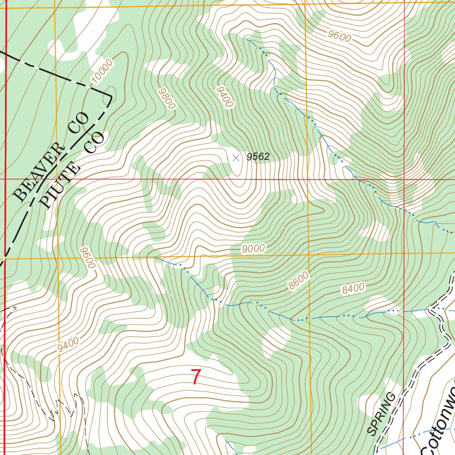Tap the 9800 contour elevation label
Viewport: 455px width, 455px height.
click(x=167, y=98)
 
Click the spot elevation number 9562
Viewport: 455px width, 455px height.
click(x=258, y=156)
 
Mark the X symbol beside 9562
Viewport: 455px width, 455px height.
click(x=235, y=157)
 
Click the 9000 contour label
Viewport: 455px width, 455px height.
click(x=253, y=249)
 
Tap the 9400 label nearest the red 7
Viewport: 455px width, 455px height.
click(x=68, y=345)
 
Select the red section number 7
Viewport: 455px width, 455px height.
click(x=196, y=377)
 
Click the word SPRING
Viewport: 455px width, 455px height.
click(x=382, y=414)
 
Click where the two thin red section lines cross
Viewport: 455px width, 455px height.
click(x=404, y=180)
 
